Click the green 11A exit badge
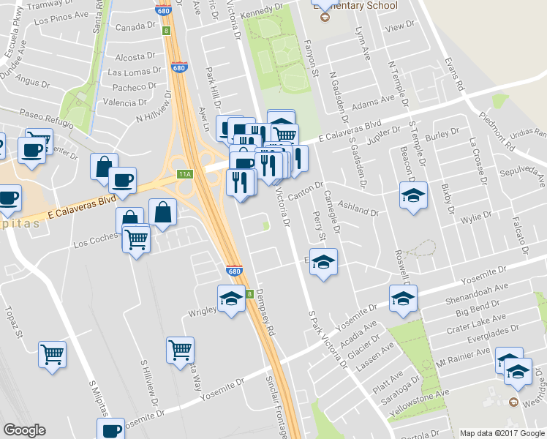click(x=185, y=174)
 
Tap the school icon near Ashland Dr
click(x=413, y=195)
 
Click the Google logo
click(x=24, y=429)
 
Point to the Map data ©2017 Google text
click(x=502, y=433)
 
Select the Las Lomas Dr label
click(x=135, y=72)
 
